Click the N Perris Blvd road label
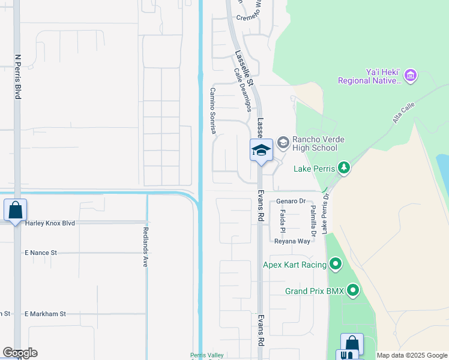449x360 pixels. coord(17,77)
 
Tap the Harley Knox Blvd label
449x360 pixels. coord(50,223)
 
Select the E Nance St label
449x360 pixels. coord(40,253)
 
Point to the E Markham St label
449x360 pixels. coord(45,314)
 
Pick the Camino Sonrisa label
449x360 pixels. coord(212,110)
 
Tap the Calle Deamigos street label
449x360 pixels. coord(242,89)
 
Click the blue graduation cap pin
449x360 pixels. coord(261,150)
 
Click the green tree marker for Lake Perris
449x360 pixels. coord(343,167)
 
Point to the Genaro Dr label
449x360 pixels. coord(291,202)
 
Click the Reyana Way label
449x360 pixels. coord(292,241)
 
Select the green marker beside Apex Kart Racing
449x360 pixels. coord(336,264)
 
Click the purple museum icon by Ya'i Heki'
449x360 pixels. coord(411,76)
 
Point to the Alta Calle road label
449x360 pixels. coord(404,112)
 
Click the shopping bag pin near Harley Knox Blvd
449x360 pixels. coord(15,211)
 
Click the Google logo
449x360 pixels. coord(20,353)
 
